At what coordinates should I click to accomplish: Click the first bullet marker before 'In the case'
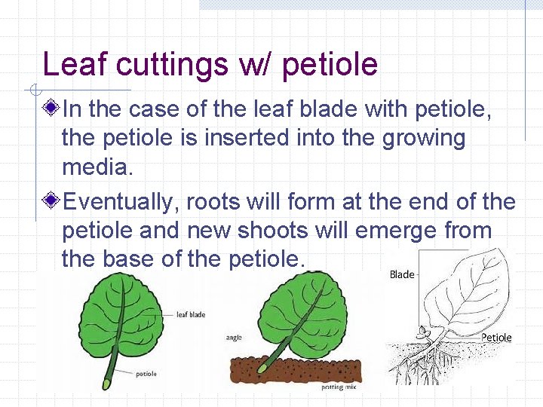(51, 110)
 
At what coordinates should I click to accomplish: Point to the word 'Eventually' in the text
(120, 202)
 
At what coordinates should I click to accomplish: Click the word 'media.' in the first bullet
(97, 167)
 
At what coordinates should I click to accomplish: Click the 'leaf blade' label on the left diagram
(191, 314)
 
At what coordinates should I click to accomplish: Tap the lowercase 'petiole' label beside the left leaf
(146, 373)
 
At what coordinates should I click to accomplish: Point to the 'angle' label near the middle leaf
(234, 338)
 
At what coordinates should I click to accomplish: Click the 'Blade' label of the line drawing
(401, 274)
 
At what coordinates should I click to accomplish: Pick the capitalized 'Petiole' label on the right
(496, 338)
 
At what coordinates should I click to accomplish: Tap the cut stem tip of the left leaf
(106, 384)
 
